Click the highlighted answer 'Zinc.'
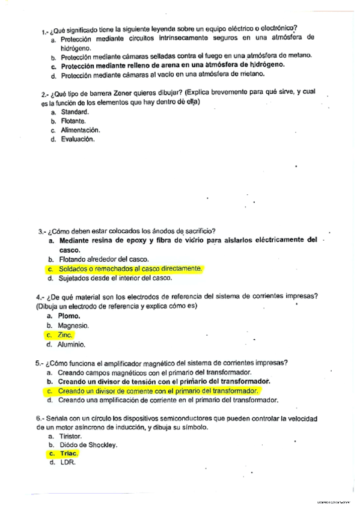pos(66,334)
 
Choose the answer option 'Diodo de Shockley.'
pos(87,444)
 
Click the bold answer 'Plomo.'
pos(69,316)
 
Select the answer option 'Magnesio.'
pos(73,325)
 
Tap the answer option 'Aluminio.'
pos(72,345)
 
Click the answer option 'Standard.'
pos(75,112)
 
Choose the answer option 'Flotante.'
pos(73,121)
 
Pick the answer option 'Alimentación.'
pos(81,130)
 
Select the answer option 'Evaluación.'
pos(78,139)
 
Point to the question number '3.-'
pos(41,231)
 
